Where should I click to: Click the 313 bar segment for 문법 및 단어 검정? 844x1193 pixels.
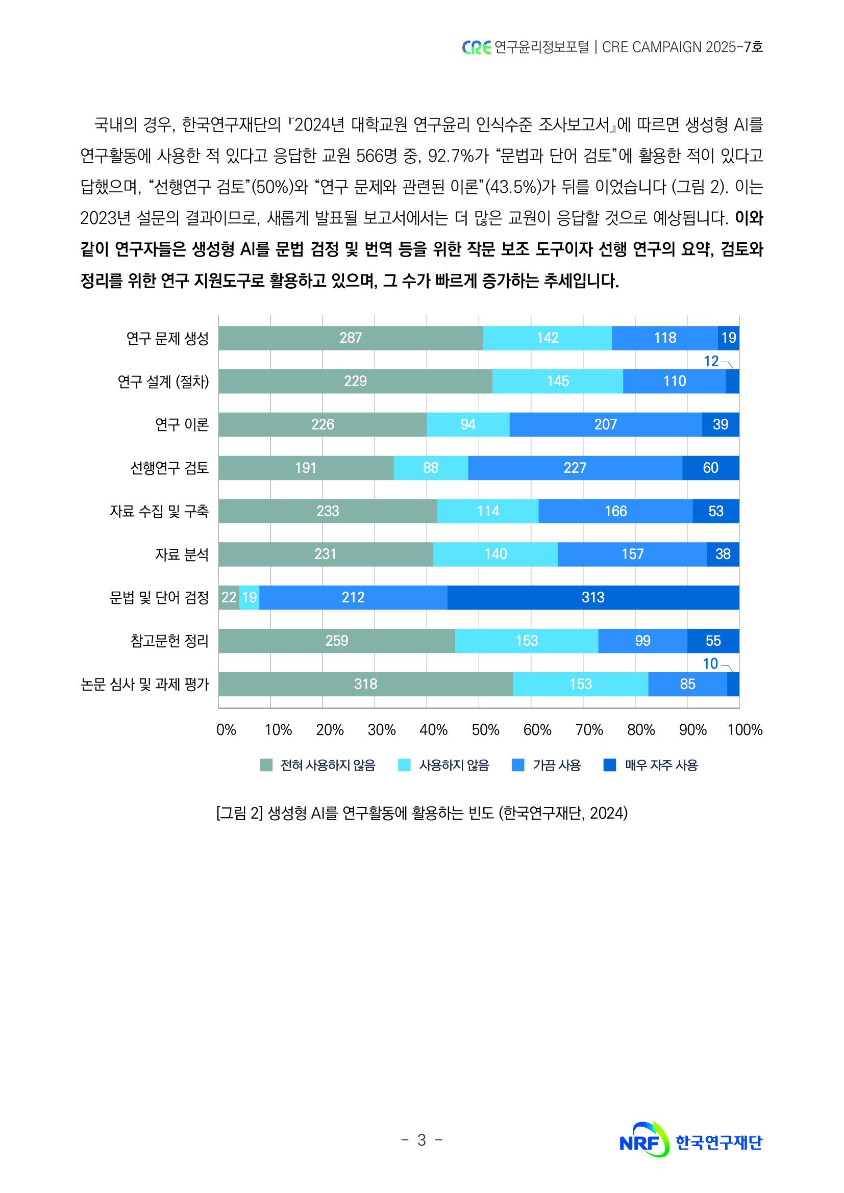[593, 598]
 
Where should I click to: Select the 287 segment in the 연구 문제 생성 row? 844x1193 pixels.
[351, 338]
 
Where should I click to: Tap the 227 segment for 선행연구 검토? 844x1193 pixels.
[575, 468]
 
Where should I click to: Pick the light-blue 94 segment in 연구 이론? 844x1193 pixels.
[468, 424]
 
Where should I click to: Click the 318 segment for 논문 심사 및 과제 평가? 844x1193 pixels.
[365, 684]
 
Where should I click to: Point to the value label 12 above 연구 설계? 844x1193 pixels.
[711, 361]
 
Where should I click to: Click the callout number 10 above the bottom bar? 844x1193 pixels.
[710, 664]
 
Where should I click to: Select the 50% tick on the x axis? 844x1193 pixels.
[485, 730]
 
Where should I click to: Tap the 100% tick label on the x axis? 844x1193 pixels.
[744, 730]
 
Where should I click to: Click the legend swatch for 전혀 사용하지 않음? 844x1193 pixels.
[266, 765]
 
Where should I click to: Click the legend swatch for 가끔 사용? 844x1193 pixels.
[517, 765]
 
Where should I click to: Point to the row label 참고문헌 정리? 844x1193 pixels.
[169, 641]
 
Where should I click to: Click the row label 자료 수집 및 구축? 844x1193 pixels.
[159, 511]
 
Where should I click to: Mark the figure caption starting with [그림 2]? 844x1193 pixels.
[421, 813]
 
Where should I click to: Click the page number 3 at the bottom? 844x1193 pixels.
[421, 1140]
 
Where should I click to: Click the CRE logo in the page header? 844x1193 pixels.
[476, 47]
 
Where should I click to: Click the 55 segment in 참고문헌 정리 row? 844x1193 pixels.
[713, 641]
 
